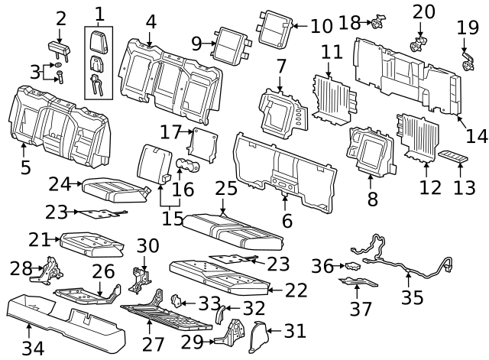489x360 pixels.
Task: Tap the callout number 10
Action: point(321,26)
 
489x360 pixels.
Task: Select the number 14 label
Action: point(477,135)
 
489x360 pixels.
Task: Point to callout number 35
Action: point(412,297)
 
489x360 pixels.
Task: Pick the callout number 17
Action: point(170,131)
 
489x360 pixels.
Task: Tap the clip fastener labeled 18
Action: point(378,21)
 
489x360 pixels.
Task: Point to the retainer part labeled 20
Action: point(419,42)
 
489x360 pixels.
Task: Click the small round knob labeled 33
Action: point(174,300)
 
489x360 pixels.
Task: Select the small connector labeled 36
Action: point(352,266)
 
